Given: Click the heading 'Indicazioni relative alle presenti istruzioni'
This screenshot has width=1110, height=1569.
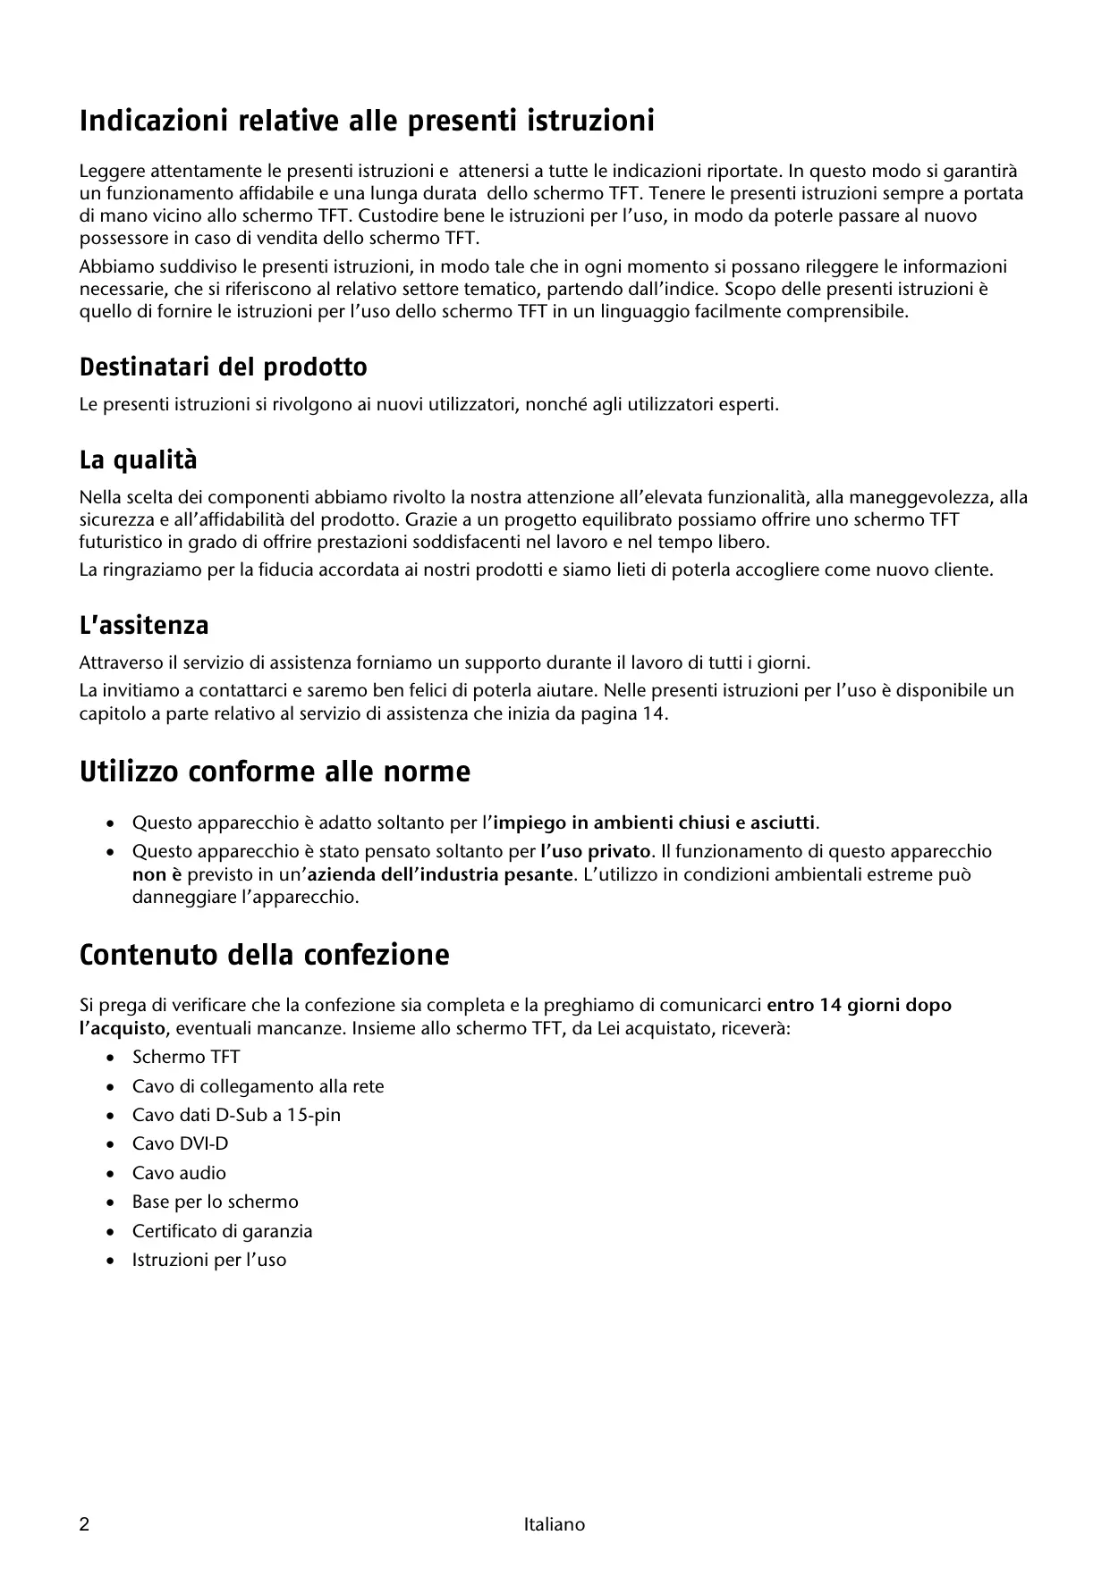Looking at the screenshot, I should [x=367, y=121].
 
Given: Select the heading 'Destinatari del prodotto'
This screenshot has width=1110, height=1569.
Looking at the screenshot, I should [x=223, y=367].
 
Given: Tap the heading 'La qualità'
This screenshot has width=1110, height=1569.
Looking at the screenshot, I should [x=138, y=460].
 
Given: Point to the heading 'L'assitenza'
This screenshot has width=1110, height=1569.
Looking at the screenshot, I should [x=144, y=625].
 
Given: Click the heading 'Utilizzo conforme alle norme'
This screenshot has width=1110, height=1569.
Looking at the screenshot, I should [x=275, y=772].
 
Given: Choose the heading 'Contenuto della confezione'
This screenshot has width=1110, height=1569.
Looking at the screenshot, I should [x=264, y=955].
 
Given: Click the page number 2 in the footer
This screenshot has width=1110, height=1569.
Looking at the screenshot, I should [x=85, y=1524].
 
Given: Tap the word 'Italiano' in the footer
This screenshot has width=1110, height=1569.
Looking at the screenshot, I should [x=555, y=1524].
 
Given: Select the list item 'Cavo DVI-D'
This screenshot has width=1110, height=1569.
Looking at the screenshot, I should [x=180, y=1143].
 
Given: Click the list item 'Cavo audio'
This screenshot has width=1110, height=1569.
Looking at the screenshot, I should [x=179, y=1173].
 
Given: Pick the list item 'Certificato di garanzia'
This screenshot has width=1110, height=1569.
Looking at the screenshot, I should [x=222, y=1231].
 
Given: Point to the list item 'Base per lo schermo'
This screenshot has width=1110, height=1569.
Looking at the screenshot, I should [x=215, y=1202].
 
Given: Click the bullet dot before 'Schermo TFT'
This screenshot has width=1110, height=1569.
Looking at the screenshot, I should [x=110, y=1058].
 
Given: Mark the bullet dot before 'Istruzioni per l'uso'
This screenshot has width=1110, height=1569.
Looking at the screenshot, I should [x=110, y=1261].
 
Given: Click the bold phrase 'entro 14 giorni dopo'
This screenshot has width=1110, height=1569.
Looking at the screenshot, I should [x=859, y=1005].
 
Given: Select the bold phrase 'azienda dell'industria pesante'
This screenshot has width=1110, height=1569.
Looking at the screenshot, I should [x=439, y=873].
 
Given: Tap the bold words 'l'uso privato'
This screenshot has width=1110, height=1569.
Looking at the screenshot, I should [x=596, y=851].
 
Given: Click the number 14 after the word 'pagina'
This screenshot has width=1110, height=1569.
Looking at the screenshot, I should [x=654, y=713].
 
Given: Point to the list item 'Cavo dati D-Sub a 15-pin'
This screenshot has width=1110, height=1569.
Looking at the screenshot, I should [x=236, y=1115].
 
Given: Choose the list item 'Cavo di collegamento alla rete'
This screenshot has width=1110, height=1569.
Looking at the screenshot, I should [x=258, y=1086].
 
